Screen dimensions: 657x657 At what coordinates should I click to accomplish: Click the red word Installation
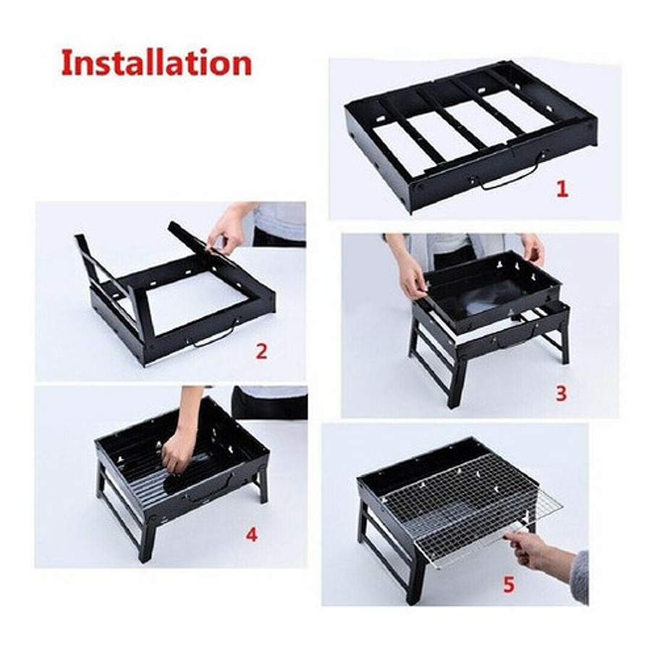click(x=156, y=63)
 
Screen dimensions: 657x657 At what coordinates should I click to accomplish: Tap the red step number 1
click(x=561, y=190)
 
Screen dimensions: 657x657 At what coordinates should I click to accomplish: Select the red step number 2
click(x=261, y=352)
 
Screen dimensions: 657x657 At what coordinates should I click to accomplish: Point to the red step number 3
click(x=561, y=394)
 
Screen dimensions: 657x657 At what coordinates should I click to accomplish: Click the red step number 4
click(x=251, y=535)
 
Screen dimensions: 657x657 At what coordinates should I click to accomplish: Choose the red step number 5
click(x=509, y=584)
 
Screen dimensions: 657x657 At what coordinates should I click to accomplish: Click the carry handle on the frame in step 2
click(x=213, y=336)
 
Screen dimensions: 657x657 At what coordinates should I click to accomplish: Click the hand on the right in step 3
click(x=533, y=248)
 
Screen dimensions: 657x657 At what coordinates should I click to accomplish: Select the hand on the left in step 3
click(x=412, y=277)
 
